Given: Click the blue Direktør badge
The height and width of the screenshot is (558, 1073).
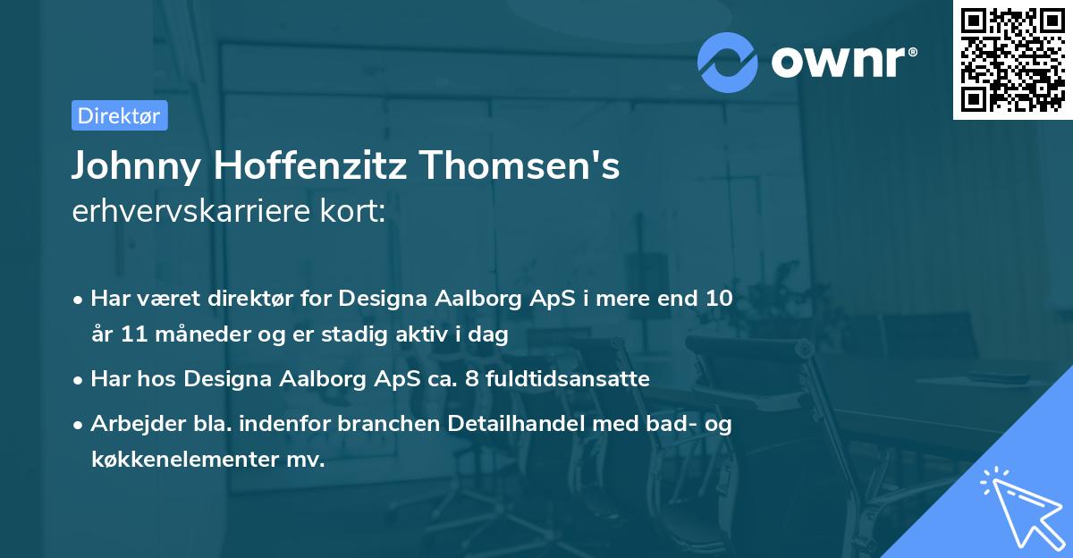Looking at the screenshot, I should pyautogui.click(x=119, y=115).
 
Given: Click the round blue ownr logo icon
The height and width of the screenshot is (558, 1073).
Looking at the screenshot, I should pyautogui.click(x=727, y=62).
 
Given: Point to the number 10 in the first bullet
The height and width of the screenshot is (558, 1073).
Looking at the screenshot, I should pyautogui.click(x=718, y=299).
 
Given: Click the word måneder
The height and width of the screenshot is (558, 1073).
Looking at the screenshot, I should pyautogui.click(x=189, y=335).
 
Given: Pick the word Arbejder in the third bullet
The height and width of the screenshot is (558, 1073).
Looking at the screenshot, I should pyautogui.click(x=130, y=424).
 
